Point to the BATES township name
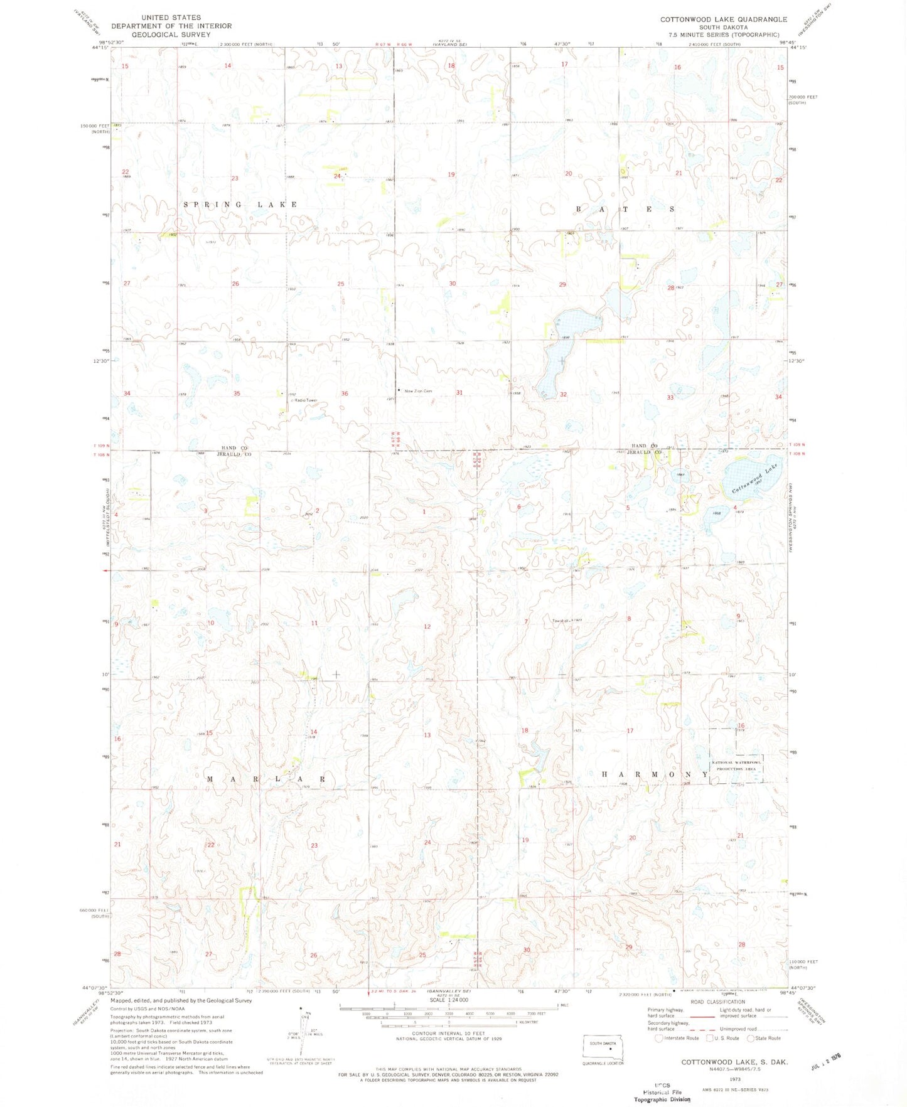(626, 209)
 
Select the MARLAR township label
(266, 779)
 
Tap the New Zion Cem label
(418, 391)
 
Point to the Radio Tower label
(304, 400)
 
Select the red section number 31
(459, 392)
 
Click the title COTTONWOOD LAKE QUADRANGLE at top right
(723, 19)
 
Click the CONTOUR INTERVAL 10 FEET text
(448, 1033)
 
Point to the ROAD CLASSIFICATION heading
(717, 1002)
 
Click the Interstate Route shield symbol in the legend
(658, 1038)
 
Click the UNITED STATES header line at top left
(171, 18)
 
